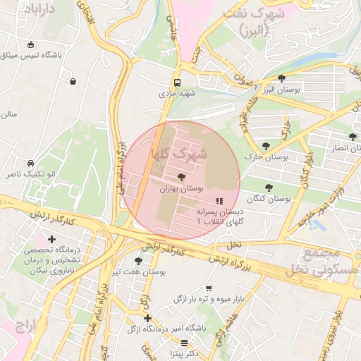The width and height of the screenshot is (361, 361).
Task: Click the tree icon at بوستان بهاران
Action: click(181, 177)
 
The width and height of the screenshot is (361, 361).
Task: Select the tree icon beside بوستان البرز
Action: click(281, 78)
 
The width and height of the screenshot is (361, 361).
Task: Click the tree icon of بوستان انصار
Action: click(352, 137)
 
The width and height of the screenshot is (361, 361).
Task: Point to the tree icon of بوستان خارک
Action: click(265, 146)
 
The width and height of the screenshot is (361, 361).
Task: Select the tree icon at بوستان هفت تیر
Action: click(138, 262)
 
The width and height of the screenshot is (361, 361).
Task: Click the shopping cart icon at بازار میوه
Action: click(208, 288)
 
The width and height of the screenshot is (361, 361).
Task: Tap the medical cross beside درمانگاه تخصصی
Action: click(51, 240)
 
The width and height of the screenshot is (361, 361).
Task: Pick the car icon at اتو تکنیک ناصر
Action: click(30, 163)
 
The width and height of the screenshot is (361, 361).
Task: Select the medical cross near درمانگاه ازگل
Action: click(147, 318)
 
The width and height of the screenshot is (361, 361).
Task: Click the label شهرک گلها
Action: click(178, 152)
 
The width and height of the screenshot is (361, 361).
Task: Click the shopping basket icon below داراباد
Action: click(73, 81)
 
